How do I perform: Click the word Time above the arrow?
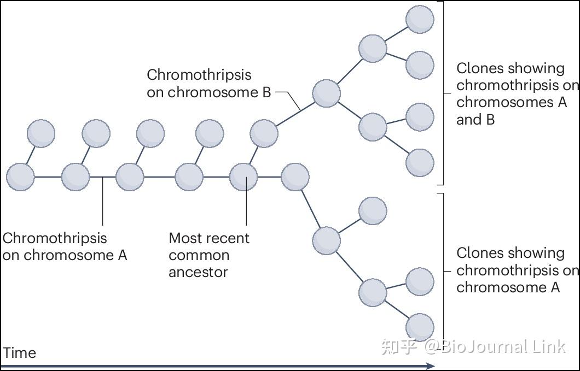point(20,353)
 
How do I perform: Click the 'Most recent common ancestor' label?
point(208,255)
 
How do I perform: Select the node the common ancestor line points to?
point(243,177)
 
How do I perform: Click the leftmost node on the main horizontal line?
point(20,177)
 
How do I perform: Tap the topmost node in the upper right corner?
point(420,19)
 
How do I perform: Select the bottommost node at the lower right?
point(420,327)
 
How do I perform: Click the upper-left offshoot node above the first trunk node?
point(41,133)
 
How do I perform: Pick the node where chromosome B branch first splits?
point(326,93)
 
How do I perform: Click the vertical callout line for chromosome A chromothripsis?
point(103,202)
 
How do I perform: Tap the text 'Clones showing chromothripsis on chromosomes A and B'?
point(514,93)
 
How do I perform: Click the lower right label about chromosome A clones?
point(514,270)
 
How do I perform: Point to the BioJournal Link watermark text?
point(473,346)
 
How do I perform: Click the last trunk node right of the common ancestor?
point(295,177)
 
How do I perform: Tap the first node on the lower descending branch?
point(326,240)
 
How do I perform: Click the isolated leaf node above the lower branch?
point(373,211)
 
